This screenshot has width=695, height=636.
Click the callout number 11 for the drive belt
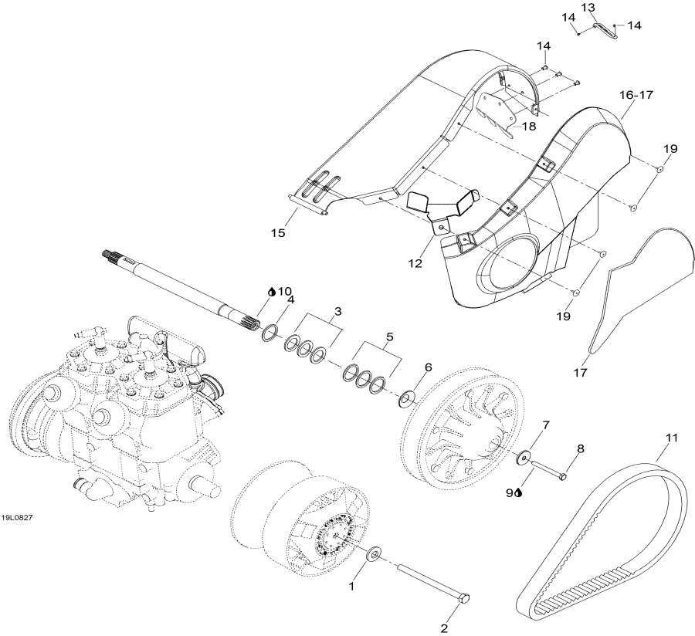click(671, 439)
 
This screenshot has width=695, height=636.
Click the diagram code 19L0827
click(15, 518)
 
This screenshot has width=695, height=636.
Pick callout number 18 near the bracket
click(529, 126)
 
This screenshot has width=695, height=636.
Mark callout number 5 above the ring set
click(389, 337)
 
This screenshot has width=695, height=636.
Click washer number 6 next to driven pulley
click(406, 400)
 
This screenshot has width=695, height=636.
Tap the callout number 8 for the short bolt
click(580, 448)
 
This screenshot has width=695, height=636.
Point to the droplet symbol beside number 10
click(271, 292)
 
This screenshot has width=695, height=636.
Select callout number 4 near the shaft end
click(291, 300)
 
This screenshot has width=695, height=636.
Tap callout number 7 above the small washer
click(546, 425)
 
